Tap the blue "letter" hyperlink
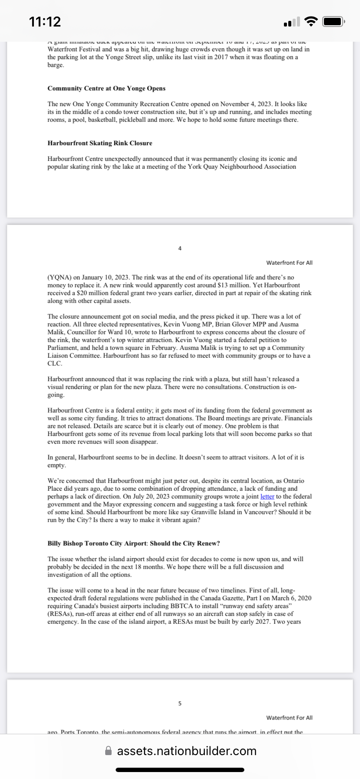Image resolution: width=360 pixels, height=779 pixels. click(267, 496)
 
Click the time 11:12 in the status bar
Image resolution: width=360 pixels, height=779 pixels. click(45, 21)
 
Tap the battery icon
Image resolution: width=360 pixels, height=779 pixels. click(334, 21)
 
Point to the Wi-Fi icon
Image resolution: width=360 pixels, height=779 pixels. click(311, 21)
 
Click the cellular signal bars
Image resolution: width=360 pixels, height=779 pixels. click(292, 22)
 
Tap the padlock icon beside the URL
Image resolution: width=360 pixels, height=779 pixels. click(109, 751)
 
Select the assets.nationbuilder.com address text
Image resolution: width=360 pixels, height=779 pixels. click(187, 751)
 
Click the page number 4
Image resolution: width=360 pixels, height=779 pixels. click(180, 249)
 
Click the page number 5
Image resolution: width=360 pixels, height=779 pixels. click(180, 703)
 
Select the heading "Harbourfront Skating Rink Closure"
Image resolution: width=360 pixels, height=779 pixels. click(100, 143)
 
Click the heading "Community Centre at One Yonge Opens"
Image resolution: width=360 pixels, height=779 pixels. click(107, 88)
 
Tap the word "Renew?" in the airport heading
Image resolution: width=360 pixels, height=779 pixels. click(208, 543)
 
